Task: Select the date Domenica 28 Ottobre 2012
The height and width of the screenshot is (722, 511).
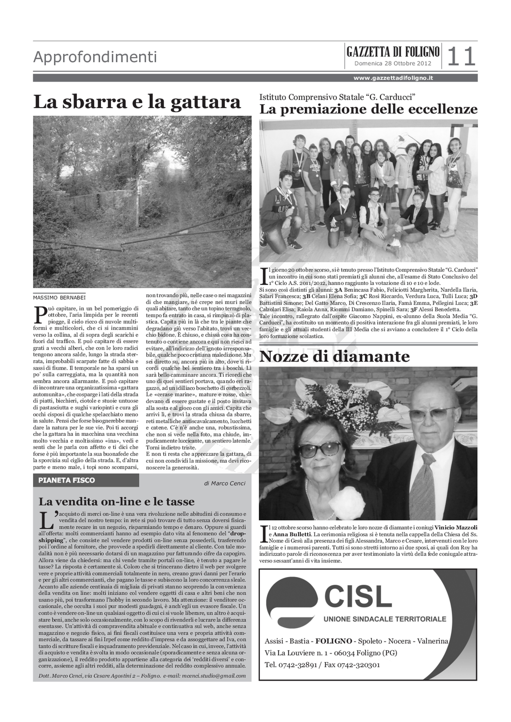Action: click(x=393, y=63)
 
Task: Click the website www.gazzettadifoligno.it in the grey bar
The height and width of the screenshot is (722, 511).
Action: click(x=393, y=78)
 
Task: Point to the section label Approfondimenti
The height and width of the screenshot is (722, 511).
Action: click(x=95, y=57)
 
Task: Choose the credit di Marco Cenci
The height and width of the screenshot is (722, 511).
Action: click(x=224, y=483)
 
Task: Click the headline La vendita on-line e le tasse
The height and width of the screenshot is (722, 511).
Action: click(x=117, y=501)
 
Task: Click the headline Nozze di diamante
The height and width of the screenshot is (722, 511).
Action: click(x=334, y=357)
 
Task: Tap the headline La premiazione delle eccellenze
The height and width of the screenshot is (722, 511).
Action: click(x=368, y=109)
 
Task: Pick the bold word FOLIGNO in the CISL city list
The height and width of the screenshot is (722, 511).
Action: click(x=334, y=641)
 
